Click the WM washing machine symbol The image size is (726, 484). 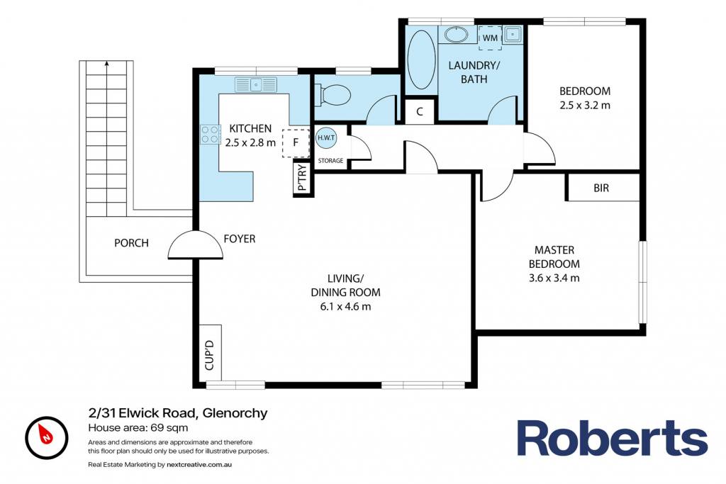pyautogui.click(x=490, y=38)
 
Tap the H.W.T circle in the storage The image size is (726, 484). pyautogui.click(x=326, y=138)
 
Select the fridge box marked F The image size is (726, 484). pyautogui.click(x=296, y=142)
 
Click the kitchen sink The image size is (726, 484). pyautogui.click(x=255, y=84)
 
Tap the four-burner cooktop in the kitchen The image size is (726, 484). pyautogui.click(x=210, y=134)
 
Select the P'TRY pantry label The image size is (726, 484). pyautogui.click(x=302, y=178)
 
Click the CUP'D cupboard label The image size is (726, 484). pyautogui.click(x=209, y=355)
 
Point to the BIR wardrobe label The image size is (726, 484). pyautogui.click(x=601, y=188)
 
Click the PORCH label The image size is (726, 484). pyautogui.click(x=131, y=243)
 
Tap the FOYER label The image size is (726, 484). pyautogui.click(x=240, y=239)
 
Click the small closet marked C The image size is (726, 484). pyautogui.click(x=420, y=111)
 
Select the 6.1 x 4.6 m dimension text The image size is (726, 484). pyautogui.click(x=345, y=306)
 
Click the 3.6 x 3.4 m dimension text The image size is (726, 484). pyautogui.click(x=554, y=278)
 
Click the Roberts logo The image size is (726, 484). pyautogui.click(x=612, y=438)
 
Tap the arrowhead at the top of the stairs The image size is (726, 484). pyautogui.click(x=107, y=63)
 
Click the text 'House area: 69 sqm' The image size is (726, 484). pyautogui.click(x=138, y=427)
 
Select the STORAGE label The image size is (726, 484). pyautogui.click(x=330, y=161)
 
